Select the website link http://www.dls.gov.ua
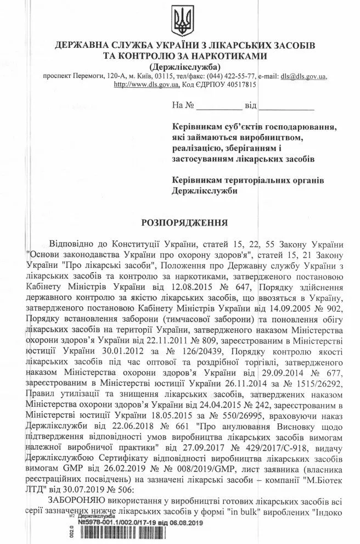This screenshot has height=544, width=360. (x=145, y=85)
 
